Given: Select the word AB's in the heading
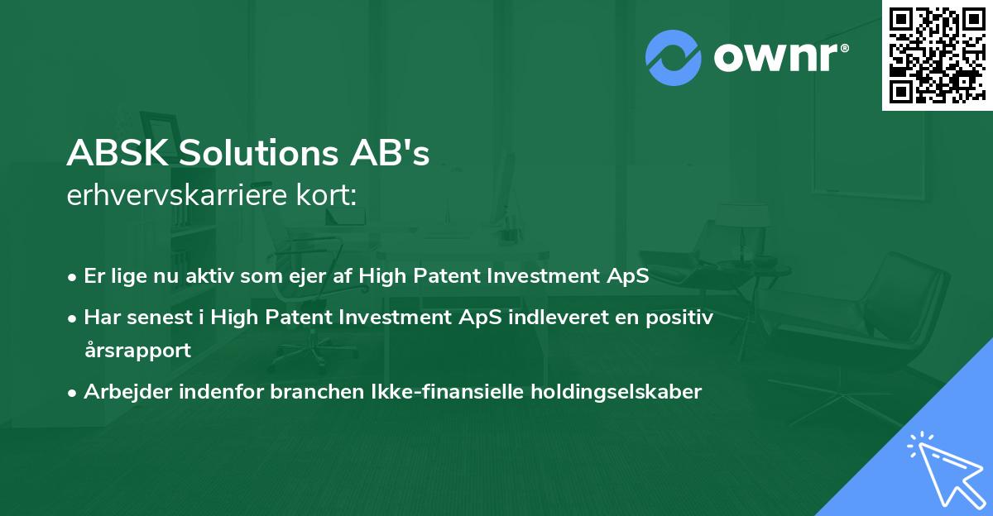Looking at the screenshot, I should coord(400,154).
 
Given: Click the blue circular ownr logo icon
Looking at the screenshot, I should coord(674,57).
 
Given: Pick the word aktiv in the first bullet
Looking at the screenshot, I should coord(214,275).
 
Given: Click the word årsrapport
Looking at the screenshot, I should coord(137,350).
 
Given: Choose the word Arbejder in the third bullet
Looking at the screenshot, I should coord(122,392).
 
